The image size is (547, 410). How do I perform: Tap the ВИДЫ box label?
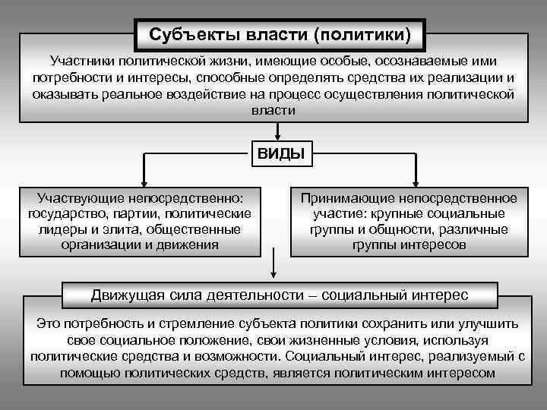coord(280,154)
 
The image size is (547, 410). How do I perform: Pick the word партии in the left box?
coord(142,213)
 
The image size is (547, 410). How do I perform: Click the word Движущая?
coord(125,295)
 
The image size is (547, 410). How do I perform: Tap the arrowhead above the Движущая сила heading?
coord(273,278)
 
